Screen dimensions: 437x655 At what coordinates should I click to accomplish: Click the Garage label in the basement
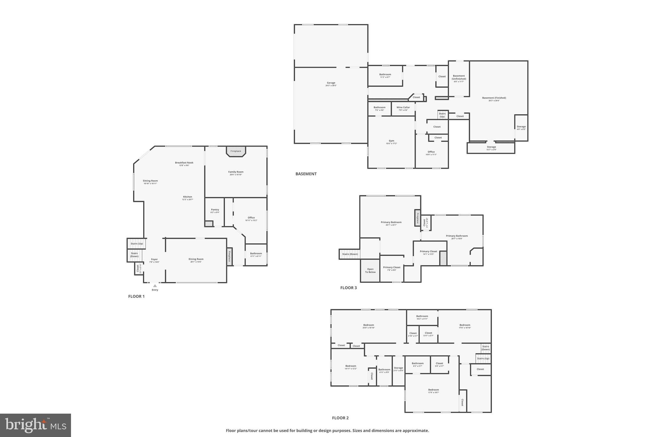click(331, 84)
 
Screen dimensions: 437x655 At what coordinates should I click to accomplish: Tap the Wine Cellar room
click(403, 109)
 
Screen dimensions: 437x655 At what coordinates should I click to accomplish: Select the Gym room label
click(391, 142)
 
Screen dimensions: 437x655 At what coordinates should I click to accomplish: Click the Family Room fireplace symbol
click(236, 151)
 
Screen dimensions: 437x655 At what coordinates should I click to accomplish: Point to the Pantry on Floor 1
click(215, 211)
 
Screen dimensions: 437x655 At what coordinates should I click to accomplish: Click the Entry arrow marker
click(155, 286)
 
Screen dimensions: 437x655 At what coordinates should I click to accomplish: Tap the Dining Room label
click(196, 260)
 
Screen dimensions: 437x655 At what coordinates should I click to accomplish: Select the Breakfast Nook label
click(184, 164)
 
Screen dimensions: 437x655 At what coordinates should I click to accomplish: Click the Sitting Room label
click(150, 182)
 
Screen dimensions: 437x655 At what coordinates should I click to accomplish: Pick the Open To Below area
click(370, 271)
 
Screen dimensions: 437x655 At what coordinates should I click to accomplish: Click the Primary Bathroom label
click(457, 237)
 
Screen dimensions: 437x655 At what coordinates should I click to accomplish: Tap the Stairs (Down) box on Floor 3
click(350, 254)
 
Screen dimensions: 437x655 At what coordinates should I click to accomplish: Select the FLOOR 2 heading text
click(340, 418)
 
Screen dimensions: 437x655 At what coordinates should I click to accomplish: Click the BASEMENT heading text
click(306, 174)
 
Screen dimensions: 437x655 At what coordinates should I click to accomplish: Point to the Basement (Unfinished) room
click(459, 78)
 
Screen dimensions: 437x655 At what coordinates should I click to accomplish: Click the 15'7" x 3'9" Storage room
click(491, 148)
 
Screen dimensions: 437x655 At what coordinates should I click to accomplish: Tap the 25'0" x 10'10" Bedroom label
click(368, 326)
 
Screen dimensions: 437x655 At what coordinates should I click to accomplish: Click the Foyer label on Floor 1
click(154, 260)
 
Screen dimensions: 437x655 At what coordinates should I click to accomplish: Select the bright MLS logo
click(36, 425)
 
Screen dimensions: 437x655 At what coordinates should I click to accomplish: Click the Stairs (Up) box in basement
click(442, 115)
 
